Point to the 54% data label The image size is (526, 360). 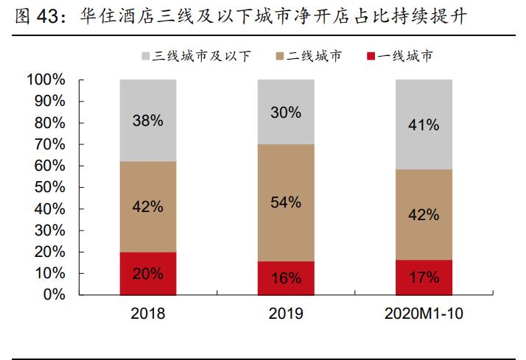tap(285, 202)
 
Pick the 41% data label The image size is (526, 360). tap(423, 125)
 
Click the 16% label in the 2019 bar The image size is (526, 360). tap(285, 278)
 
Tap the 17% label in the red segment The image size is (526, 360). tap(423, 278)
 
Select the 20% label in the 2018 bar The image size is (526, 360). tap(147, 273)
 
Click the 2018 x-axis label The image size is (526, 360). tap(147, 314)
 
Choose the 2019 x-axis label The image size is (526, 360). tap(285, 314)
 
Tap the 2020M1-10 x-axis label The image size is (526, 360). tap(423, 314)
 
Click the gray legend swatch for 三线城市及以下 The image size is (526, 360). tap(144, 56)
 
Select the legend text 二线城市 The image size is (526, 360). tap(315, 56)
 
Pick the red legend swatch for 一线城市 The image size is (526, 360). tap(371, 56)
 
